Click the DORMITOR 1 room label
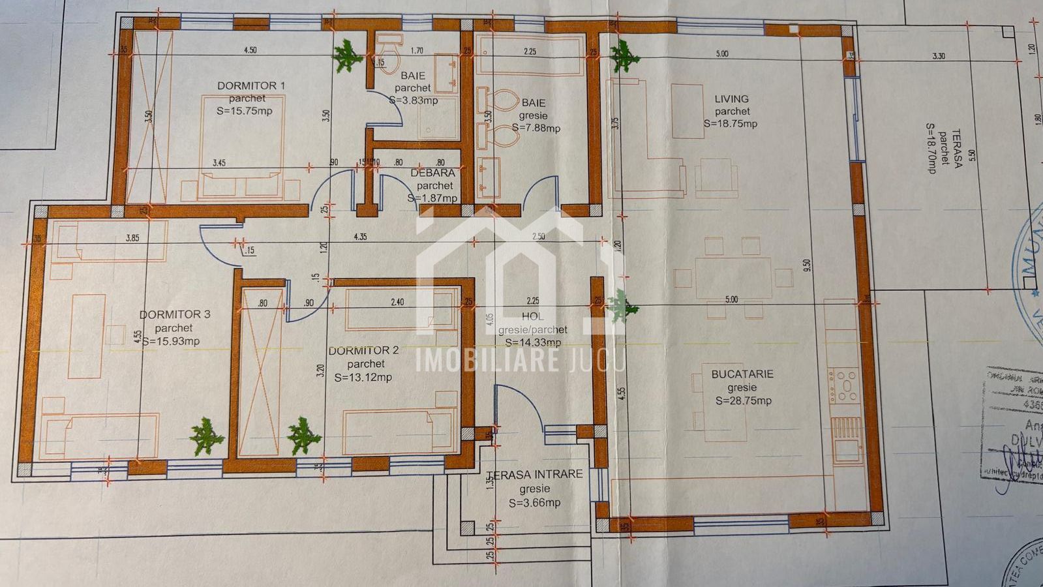(x=251, y=85)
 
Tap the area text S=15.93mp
(x=171, y=341)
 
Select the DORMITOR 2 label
(x=363, y=350)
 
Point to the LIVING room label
(x=731, y=99)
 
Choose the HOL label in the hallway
(x=532, y=316)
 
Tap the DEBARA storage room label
(x=432, y=173)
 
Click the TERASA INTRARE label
(x=535, y=474)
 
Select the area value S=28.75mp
(x=743, y=401)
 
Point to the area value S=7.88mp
(x=536, y=128)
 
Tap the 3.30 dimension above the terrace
(x=938, y=57)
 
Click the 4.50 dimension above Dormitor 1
(x=250, y=50)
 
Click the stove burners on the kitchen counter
(x=846, y=386)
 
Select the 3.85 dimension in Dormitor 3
(x=132, y=238)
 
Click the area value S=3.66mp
(x=534, y=503)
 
